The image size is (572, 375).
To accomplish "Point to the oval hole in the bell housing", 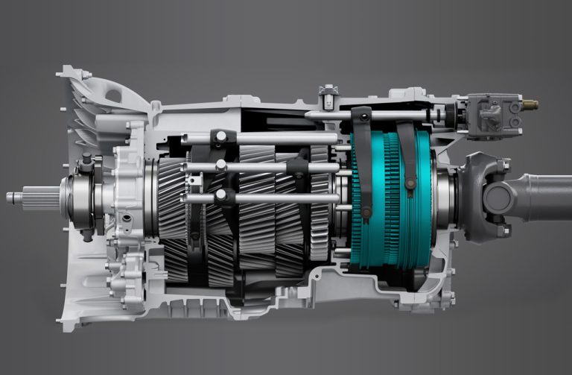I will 114,95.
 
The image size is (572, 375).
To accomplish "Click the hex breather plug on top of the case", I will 328,95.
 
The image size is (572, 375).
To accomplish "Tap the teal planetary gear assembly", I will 391,198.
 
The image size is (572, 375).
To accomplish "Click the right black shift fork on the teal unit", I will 407,157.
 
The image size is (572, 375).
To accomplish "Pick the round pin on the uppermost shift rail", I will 220,137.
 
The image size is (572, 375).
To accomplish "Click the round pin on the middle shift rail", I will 220,166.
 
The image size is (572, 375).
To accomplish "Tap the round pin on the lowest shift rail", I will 220,195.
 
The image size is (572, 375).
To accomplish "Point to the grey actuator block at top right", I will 492,116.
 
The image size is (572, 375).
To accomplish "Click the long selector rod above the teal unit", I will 372,116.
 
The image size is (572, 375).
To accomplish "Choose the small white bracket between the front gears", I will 195,180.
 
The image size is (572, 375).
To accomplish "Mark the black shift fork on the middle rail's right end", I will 298,167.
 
